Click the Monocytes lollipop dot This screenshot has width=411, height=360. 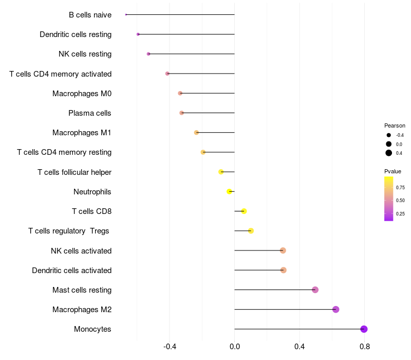point(364,329)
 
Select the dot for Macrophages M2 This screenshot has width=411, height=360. point(336,310)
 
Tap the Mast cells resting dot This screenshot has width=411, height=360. point(315,290)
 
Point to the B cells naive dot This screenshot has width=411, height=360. point(126,14)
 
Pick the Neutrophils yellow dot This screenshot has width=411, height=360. point(229,191)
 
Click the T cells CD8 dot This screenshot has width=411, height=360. point(244,211)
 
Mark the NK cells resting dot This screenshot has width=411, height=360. point(148,54)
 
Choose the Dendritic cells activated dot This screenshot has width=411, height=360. point(283,270)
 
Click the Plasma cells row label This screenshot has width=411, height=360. point(90,113)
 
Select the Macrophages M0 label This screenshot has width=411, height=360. point(82,94)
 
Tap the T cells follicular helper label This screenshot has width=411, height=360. point(74,172)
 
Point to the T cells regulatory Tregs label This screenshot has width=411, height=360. point(69,231)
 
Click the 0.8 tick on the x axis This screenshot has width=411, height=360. point(365,347)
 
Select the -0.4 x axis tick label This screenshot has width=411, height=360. point(170,347)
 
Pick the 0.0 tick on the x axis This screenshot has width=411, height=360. point(235,347)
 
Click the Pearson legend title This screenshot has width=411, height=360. point(395,125)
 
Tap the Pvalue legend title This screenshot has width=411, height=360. point(393,171)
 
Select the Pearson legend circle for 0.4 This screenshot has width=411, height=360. point(389,153)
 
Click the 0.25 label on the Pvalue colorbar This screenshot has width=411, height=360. point(400,213)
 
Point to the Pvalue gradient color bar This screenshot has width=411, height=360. point(389,199)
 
